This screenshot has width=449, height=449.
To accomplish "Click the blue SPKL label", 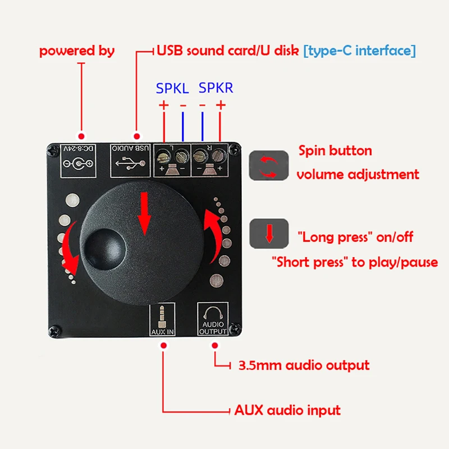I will (172, 88).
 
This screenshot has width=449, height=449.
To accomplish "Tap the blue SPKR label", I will (216, 88).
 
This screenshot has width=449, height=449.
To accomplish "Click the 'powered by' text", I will (77, 51).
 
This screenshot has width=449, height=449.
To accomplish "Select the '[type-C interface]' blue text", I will (360, 51).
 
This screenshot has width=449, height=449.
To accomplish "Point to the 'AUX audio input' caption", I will (287, 410).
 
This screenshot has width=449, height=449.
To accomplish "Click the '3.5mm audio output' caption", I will (304, 366).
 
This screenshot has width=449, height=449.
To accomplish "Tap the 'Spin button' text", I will (335, 150).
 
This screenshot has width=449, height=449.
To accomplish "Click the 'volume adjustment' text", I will (358, 175).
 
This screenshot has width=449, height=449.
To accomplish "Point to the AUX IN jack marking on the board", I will (163, 319).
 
